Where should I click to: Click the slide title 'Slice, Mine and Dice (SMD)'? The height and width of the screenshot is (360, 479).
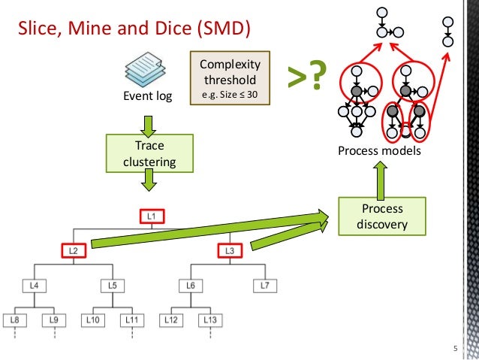pos(133,29)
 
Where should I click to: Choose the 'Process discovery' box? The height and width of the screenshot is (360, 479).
pos(382,216)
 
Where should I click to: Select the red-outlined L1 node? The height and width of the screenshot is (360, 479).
pos(152,217)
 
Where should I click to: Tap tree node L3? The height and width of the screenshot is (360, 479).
pos(230,250)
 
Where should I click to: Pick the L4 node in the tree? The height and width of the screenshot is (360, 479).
pos(33,286)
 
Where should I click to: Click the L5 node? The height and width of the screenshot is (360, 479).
pos(112,286)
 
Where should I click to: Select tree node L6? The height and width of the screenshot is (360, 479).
pos(191,286)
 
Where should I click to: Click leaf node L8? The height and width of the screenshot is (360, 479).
pos(15,320)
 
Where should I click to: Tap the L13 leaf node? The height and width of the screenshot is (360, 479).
pos(209,320)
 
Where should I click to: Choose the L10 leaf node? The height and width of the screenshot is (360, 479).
pos(93,320)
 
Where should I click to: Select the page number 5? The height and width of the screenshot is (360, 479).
pos(454,348)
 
